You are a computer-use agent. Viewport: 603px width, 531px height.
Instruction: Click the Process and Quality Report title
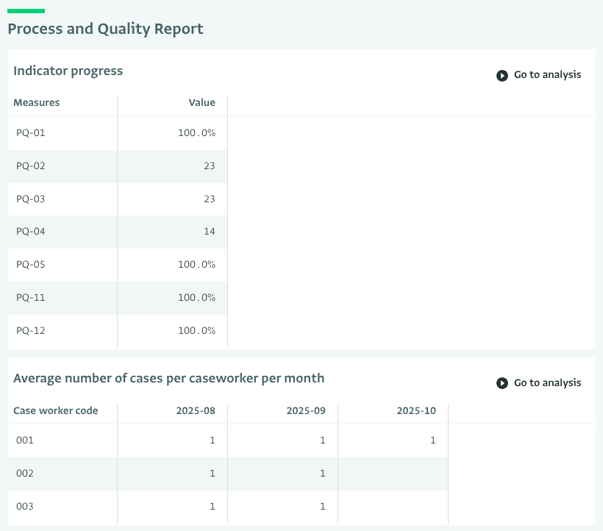point(105,29)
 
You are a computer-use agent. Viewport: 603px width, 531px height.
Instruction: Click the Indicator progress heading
point(68,71)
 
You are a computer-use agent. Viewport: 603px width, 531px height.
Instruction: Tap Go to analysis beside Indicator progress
point(539,75)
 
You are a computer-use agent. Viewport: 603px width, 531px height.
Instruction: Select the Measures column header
point(37,103)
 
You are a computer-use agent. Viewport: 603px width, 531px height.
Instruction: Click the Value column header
point(201,103)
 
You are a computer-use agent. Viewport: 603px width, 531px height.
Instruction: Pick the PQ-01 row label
point(31,133)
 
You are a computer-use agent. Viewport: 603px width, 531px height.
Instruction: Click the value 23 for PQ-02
point(210,166)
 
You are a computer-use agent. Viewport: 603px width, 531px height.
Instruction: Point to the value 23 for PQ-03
point(210,199)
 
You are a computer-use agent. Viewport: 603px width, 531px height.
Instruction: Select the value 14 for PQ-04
point(210,232)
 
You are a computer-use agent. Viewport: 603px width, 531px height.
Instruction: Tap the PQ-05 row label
point(31,265)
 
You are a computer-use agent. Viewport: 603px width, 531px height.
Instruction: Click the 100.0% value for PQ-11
point(196,298)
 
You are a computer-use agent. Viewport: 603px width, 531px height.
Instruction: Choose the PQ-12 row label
point(31,331)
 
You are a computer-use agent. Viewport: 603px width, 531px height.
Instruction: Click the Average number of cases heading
point(168,378)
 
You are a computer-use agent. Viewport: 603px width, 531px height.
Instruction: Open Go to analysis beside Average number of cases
point(539,383)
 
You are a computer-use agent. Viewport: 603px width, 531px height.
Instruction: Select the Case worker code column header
point(56,411)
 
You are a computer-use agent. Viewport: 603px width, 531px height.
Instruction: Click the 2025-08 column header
point(196,411)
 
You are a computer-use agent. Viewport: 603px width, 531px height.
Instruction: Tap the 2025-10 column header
point(416,411)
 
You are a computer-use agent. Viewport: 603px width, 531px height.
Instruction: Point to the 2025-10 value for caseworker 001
point(433,441)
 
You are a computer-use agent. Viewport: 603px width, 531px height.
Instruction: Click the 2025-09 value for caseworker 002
point(323,474)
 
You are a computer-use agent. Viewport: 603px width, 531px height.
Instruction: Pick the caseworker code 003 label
point(25,507)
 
